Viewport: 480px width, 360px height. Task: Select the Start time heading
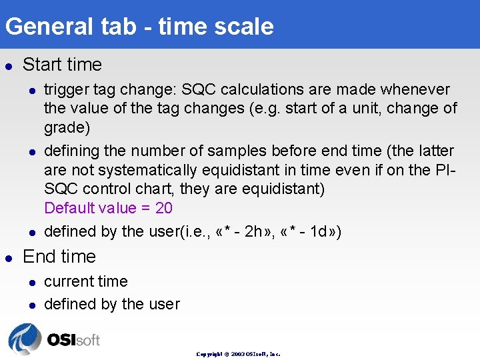(62, 65)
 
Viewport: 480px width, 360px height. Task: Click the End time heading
(59, 256)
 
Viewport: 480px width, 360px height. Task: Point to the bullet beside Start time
(8, 65)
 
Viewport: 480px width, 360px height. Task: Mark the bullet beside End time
(8, 257)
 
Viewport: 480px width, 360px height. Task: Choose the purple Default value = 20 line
(108, 208)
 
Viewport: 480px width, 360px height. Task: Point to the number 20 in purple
(164, 208)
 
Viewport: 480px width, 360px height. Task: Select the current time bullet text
(85, 281)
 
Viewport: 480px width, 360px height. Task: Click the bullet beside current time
(31, 282)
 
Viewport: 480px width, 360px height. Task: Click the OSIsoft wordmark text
(73, 339)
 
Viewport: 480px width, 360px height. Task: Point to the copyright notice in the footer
(238, 354)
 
